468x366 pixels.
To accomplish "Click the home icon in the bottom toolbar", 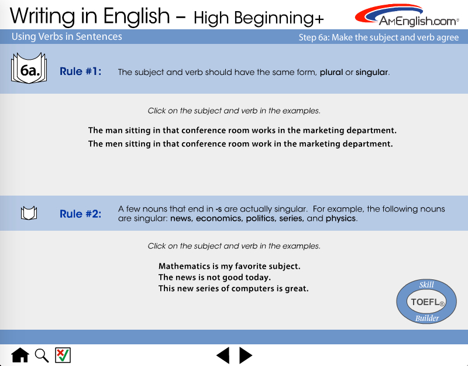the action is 20,355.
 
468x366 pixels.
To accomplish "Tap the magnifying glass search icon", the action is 42,355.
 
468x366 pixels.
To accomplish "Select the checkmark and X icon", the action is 63,355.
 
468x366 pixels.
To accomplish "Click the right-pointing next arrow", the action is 246,355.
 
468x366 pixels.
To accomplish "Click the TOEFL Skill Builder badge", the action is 426,302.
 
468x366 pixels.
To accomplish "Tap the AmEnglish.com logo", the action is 407,15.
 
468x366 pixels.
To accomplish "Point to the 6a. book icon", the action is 29,68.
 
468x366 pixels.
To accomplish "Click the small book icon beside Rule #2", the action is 29,213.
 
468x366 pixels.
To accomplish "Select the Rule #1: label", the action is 81,71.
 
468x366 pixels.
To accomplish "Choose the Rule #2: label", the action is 81,214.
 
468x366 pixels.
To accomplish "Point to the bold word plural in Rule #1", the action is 331,72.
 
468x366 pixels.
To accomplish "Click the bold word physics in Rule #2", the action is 340,218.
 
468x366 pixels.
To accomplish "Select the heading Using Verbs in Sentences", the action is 67,36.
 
